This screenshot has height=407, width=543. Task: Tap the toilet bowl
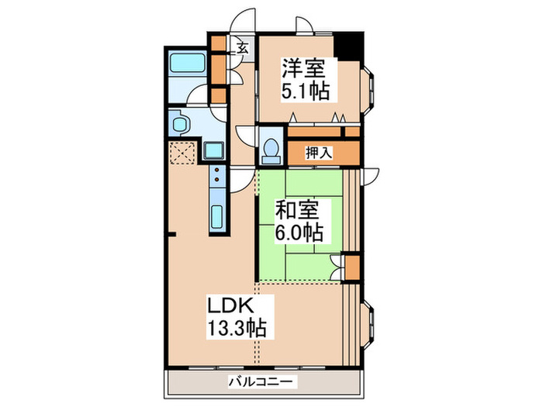[271, 150]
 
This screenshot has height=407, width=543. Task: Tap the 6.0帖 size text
[299, 231]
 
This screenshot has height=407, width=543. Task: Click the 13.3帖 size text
[237, 329]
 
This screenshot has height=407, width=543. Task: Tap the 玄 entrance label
[243, 48]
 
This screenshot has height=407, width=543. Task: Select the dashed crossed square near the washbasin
[183, 152]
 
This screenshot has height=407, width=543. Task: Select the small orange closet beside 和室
[351, 266]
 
